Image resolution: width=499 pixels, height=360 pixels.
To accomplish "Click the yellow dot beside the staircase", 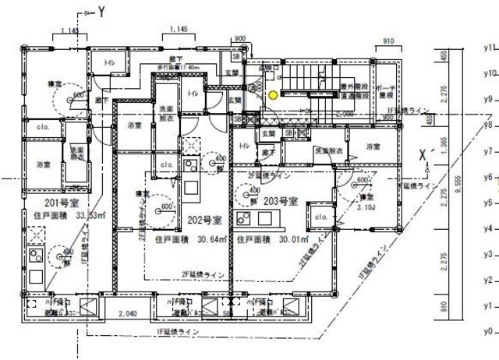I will [273, 95].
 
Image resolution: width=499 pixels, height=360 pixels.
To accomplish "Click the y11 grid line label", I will [490, 48].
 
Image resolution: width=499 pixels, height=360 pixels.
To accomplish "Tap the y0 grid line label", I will [490, 330].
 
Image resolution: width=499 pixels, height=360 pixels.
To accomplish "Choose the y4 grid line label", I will [490, 229].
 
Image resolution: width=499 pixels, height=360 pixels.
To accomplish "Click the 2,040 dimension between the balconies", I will [128, 312].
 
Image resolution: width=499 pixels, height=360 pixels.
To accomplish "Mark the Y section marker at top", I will [102, 13].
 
